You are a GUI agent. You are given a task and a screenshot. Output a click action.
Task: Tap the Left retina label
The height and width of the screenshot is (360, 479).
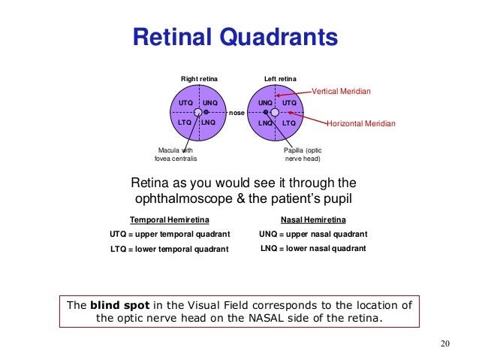pos(280,79)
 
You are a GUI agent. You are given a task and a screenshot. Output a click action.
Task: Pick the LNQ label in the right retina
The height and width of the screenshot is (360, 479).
pos(209,122)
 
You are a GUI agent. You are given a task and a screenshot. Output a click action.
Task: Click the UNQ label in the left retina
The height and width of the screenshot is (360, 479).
pos(266,102)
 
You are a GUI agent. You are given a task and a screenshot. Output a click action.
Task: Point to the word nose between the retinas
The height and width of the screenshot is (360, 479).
pos(237,113)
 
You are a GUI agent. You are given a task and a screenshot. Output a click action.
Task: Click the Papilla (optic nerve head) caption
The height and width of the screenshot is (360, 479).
pos(302,154)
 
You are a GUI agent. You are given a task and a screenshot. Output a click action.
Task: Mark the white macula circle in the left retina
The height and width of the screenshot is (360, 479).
pos(275,112)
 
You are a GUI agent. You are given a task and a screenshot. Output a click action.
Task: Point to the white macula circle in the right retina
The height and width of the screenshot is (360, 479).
pos(197,112)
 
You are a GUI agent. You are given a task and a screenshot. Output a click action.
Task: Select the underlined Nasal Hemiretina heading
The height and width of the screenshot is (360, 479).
pos(313,220)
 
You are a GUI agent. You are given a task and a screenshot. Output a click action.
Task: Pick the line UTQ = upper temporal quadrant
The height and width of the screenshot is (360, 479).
pos(170,234)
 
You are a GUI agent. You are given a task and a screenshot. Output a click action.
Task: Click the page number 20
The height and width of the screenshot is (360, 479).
pos(444,344)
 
